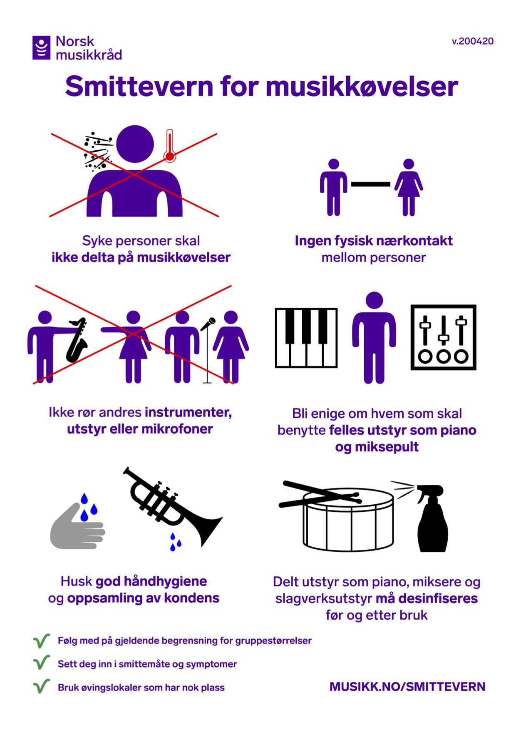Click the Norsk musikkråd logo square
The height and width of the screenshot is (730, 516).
coord(42,47)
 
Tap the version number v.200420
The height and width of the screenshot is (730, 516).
coord(473,41)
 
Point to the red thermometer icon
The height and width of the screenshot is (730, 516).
coord(169,145)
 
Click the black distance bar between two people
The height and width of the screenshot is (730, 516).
coord(371,184)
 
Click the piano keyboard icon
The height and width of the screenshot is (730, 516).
coord(306,338)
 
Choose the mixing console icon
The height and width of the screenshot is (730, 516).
coord(443,337)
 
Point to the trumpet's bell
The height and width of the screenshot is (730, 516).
coord(208,529)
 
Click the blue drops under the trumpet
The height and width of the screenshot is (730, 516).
coord(175,542)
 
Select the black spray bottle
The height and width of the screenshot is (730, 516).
coord(432,518)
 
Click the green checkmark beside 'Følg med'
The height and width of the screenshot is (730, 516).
coord(42,641)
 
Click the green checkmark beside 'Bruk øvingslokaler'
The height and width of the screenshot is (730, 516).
coord(42,686)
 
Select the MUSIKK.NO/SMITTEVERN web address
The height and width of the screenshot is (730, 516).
coord(407,687)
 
